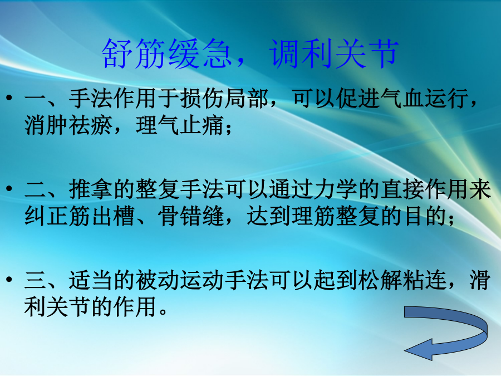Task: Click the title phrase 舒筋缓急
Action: (166, 53)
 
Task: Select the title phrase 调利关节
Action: (334, 53)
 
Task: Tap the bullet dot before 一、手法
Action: (9, 97)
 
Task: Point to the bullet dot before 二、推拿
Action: (9, 188)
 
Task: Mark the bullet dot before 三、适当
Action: (9, 279)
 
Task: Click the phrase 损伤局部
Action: (224, 98)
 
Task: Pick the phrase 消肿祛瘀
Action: (68, 125)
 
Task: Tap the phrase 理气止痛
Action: (180, 125)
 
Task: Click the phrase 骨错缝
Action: (191, 216)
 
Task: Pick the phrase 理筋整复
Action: (336, 216)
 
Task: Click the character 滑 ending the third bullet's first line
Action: (480, 280)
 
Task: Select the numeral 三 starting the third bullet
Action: (35, 280)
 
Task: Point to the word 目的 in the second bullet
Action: (425, 216)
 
